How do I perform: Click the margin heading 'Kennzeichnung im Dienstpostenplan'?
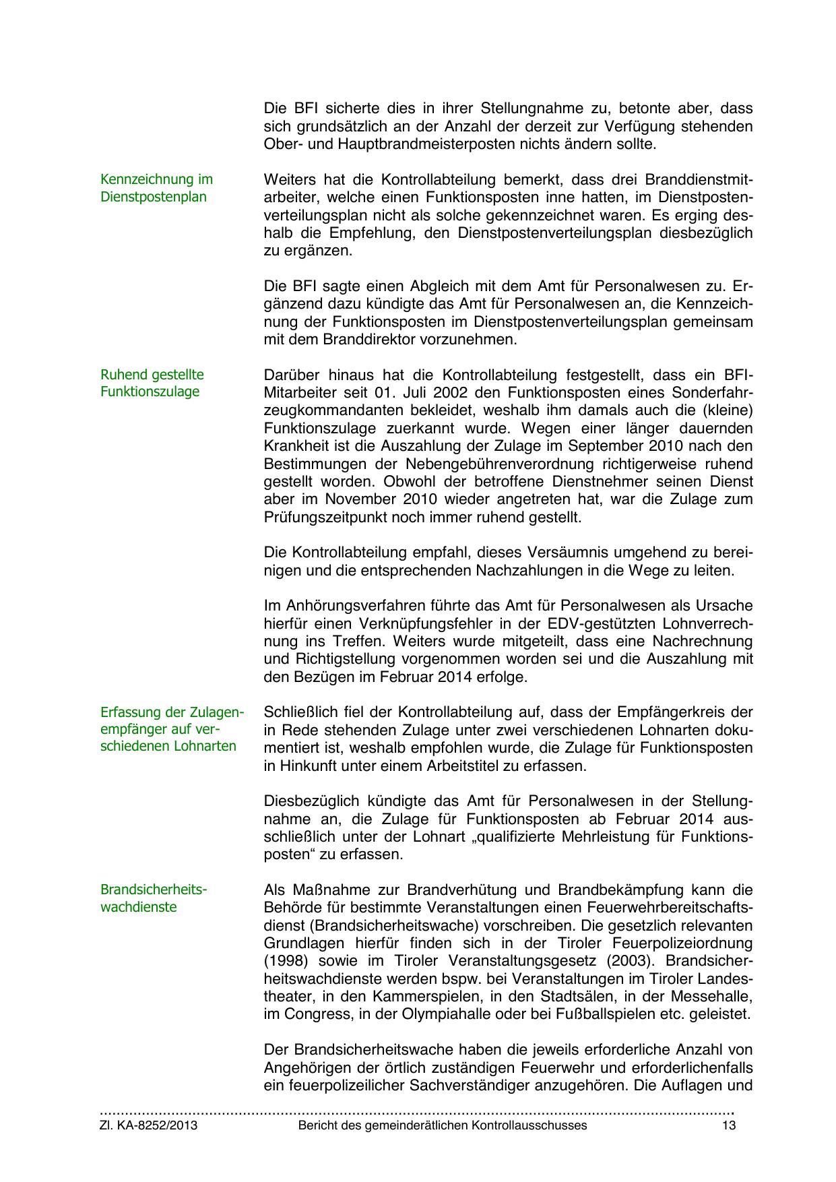point(156,188)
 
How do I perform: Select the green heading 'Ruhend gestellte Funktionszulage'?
point(152,383)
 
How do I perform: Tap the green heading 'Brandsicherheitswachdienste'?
point(154,898)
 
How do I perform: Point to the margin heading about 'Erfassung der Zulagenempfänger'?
point(172,729)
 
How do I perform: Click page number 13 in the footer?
point(728,1125)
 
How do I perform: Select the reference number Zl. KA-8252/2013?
point(149,1125)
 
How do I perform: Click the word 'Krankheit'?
point(296,446)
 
